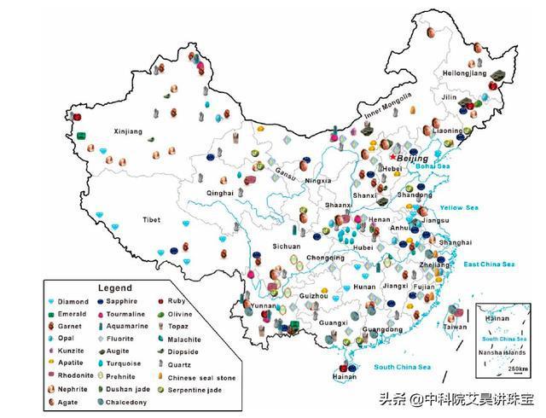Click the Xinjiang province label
[129, 131]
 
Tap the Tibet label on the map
[151, 220]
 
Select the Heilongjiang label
[463, 74]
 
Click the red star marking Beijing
[392, 157]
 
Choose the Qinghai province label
[219, 194]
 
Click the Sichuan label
[286, 246]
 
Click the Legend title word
[115, 288]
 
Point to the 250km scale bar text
[517, 369]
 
